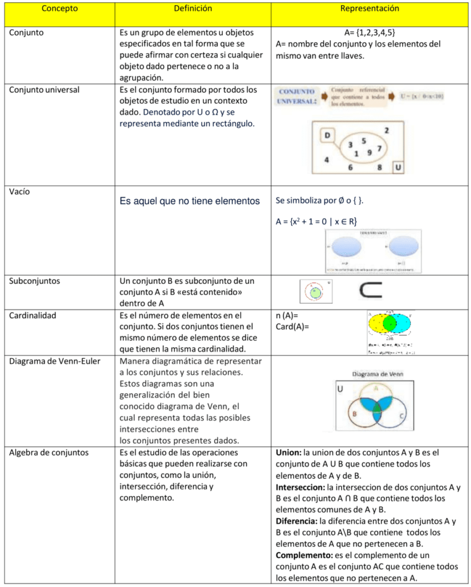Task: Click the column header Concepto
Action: tap(60, 9)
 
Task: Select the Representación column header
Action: tap(370, 9)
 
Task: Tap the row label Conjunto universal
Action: tap(44, 90)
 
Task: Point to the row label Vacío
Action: tap(19, 192)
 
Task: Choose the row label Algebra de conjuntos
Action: tap(49, 452)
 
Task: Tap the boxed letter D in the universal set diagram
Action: tap(327, 135)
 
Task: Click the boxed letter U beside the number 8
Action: tap(398, 167)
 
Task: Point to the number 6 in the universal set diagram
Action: tap(350, 168)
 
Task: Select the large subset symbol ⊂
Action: tap(371, 291)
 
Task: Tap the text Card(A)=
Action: tap(292, 327)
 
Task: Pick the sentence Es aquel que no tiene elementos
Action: tap(190, 201)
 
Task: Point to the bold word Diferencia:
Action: tap(297, 521)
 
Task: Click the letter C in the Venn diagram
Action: tap(402, 416)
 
